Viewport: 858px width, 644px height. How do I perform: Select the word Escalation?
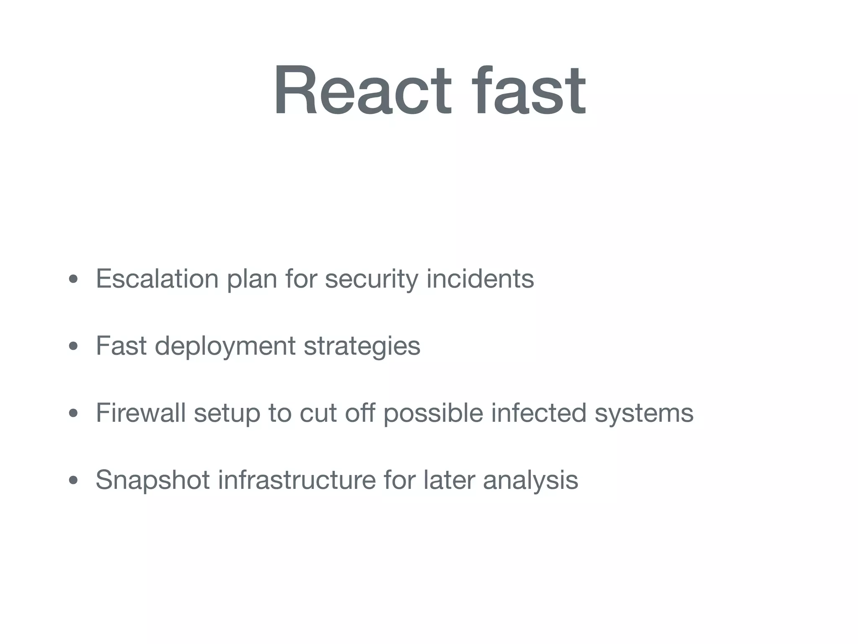[157, 278]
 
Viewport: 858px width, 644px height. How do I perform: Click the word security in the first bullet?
[371, 279]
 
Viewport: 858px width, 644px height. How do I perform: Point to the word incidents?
[480, 278]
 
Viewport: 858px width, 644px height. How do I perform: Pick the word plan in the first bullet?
[252, 279]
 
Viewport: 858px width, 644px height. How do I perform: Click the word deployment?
[225, 346]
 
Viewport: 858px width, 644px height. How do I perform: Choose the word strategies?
[362, 346]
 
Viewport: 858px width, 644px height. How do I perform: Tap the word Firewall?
[141, 413]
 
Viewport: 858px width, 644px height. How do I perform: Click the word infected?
[539, 413]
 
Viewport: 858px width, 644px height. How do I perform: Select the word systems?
[644, 413]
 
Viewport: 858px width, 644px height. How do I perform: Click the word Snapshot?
[152, 480]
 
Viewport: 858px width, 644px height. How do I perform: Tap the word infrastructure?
[297, 480]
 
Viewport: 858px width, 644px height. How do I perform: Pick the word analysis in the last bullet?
[530, 480]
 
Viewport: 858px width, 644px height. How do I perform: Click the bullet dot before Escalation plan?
[73, 279]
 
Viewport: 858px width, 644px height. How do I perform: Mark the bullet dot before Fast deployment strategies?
[73, 346]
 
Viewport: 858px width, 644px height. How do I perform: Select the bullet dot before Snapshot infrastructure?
[73, 480]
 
